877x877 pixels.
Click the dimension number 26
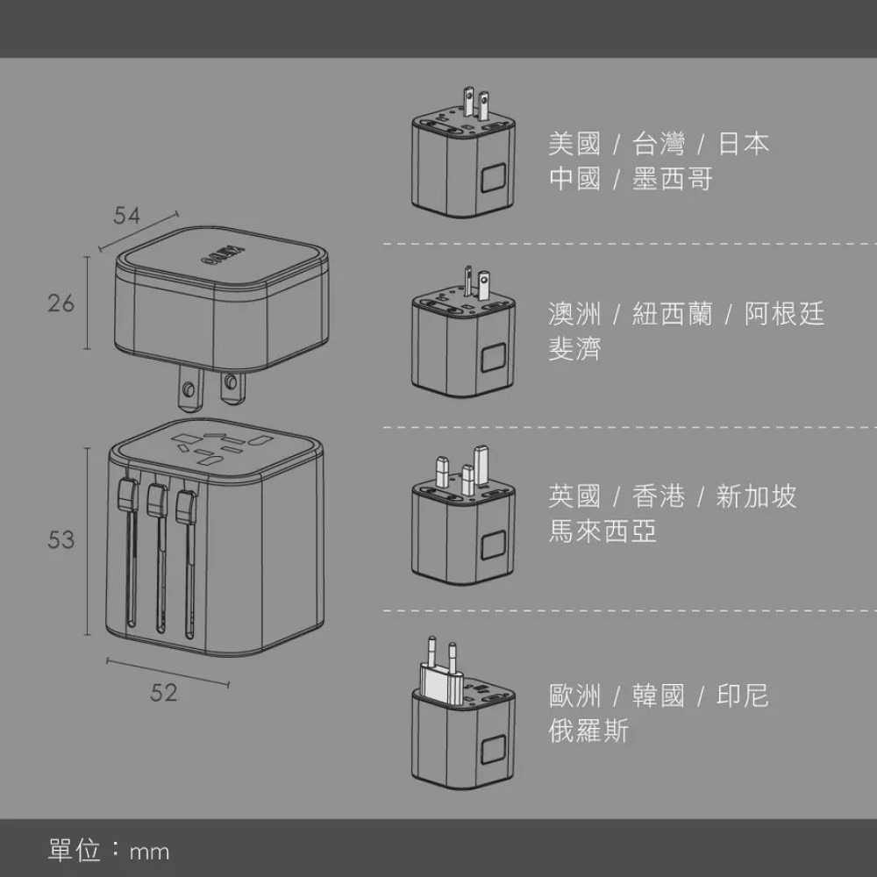point(61,303)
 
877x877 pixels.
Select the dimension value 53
point(61,540)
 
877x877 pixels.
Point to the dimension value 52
point(163,693)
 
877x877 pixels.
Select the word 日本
point(743,143)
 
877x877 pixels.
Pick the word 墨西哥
point(673,180)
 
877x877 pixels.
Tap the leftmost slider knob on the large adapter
point(125,496)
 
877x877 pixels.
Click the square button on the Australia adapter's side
point(493,358)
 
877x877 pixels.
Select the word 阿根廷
point(785,313)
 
